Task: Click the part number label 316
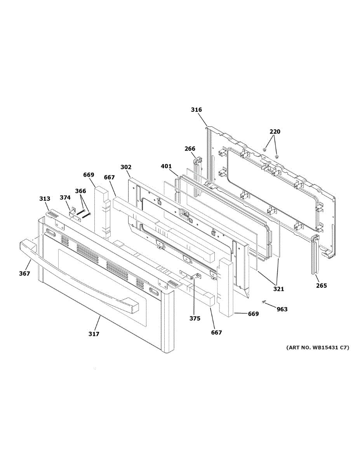(196, 110)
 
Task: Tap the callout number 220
(275, 132)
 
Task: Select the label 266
(190, 149)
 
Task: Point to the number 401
(166, 167)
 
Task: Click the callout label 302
(126, 167)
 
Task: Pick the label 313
(45, 199)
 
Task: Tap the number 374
(65, 197)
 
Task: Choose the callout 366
(80, 191)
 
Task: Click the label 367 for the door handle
(24, 273)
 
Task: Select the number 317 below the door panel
(94, 334)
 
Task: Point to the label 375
(195, 318)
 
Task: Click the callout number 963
(282, 309)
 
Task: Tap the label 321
(278, 289)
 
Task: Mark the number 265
(321, 286)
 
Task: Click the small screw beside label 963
(264, 302)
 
